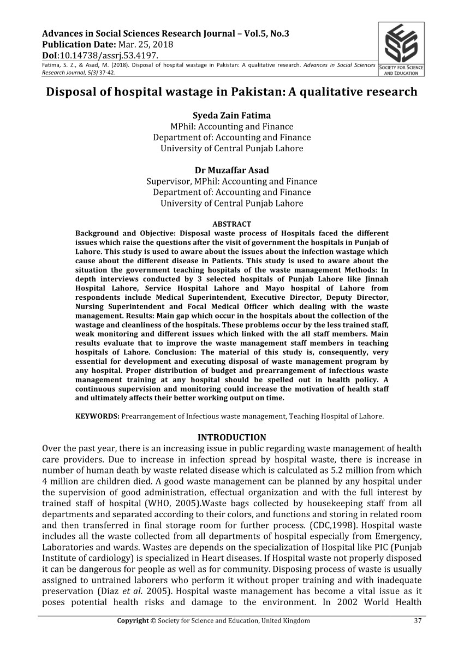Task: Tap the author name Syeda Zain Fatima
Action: click(x=231, y=115)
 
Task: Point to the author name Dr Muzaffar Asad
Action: click(x=231, y=170)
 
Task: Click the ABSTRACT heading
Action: click(x=231, y=224)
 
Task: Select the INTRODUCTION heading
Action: click(x=231, y=437)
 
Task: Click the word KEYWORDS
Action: click(x=97, y=416)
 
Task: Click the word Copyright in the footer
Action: click(x=133, y=620)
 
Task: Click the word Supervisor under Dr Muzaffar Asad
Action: click(x=168, y=181)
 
